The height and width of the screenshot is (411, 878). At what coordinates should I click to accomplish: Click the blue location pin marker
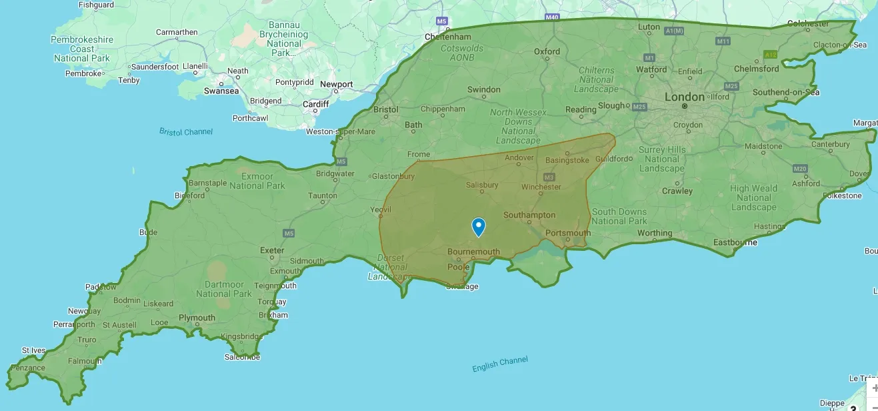pos(479,227)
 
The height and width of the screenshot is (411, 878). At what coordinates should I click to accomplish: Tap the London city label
pos(684,97)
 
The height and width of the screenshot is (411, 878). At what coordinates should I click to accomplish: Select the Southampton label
pos(529,215)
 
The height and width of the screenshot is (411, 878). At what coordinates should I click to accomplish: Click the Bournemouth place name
pos(473,252)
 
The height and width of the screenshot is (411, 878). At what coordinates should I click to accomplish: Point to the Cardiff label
pos(316,104)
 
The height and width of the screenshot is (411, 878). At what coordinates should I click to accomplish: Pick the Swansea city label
pos(221,91)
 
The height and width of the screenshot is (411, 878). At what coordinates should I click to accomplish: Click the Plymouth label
pos(197,318)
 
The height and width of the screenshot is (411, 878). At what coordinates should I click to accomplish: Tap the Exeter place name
pos(272,251)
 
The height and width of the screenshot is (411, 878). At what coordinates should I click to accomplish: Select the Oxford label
pos(547,51)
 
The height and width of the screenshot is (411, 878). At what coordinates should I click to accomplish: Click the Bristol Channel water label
pos(186,131)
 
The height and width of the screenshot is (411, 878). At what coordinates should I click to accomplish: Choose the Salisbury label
pos(482,185)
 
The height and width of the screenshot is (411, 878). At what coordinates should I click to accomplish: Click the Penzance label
pos(28,368)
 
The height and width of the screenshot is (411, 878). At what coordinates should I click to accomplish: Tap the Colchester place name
pos(808,23)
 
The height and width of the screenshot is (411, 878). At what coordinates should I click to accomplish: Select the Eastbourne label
pos(735,242)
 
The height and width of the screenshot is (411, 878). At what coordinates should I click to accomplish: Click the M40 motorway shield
pos(551,17)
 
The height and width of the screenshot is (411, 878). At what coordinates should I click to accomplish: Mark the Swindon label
pos(483,89)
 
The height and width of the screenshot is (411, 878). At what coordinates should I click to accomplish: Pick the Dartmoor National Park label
pos(224,289)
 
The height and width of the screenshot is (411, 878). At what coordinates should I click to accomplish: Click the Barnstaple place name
pos(208,183)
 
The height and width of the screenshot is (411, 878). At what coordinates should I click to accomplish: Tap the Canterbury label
pos(831,144)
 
